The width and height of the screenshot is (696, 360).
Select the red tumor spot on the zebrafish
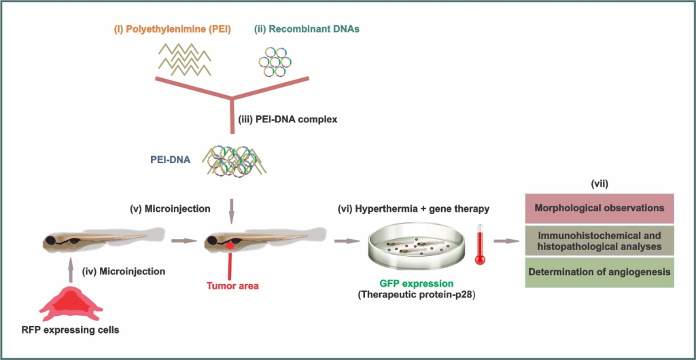(x=230, y=245)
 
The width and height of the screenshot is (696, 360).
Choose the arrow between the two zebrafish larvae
(x=184, y=241)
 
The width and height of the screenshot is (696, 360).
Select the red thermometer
(x=480, y=245)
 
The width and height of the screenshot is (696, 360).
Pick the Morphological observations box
(x=599, y=208)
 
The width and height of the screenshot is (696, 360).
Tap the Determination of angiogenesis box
(x=599, y=272)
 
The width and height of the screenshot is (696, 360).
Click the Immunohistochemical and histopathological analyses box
(x=599, y=240)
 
